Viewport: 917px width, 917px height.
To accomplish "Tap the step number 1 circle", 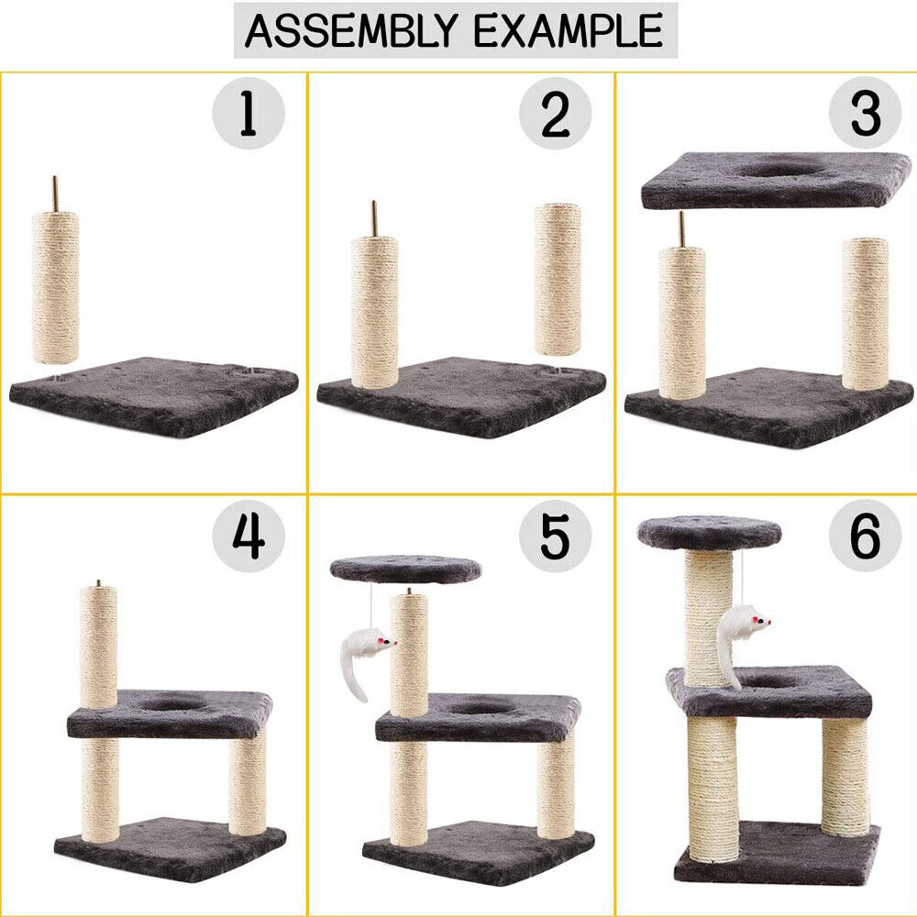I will pos(248,115).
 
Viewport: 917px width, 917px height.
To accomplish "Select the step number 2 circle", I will pos(555,115).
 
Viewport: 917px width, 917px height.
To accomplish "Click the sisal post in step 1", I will pos(55,286).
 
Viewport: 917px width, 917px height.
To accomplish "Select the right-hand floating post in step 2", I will pos(558,280).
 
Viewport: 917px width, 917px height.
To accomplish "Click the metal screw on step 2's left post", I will pos(374,218).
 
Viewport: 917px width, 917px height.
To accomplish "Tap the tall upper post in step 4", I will pos(98,646).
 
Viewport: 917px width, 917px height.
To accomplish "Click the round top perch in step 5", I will pos(404,569).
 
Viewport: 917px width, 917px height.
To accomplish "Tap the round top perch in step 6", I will pos(709,532).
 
